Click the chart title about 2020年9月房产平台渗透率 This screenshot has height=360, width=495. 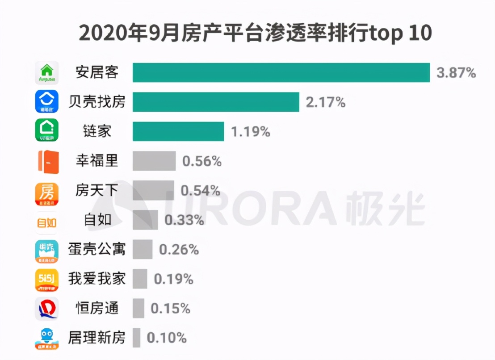tap(255, 33)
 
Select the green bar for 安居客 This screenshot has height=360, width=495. tap(281, 72)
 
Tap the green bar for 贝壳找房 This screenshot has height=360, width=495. tap(216, 102)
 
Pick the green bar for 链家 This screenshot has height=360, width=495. tap(178, 131)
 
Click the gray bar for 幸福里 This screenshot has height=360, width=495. tap(154, 161)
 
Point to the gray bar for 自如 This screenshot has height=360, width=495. tap(145, 220)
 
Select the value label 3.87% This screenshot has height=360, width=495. tap(456, 73)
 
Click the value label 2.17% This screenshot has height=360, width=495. tap(326, 102)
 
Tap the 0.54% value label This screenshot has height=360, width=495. tap(201, 191)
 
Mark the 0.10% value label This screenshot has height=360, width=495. tap(167, 338)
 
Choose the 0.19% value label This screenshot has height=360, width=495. tap(174, 279)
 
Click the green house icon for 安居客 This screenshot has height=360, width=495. tap(46, 72)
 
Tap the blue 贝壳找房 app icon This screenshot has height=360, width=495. tap(46, 102)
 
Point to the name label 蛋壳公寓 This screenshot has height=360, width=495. tap(96, 249)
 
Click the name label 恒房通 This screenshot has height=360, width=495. tap(96, 308)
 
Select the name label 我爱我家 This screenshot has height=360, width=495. tap(96, 279)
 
